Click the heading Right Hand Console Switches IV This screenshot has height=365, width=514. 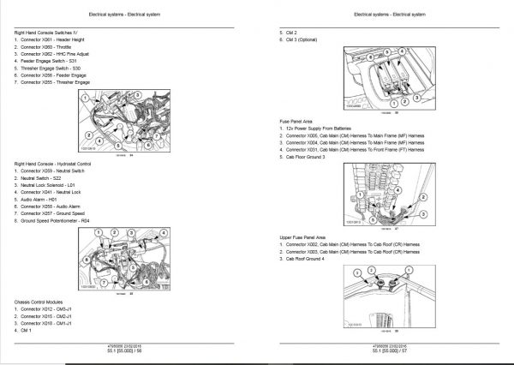[51, 32]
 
